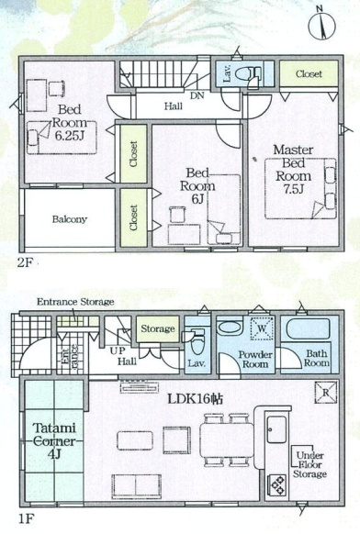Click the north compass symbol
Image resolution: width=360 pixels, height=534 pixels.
(x=321, y=25)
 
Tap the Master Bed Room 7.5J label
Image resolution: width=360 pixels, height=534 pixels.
(x=293, y=169)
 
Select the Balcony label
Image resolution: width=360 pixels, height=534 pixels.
(x=70, y=219)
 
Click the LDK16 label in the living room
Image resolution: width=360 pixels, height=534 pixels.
(x=195, y=399)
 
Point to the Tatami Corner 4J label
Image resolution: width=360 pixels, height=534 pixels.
(x=54, y=441)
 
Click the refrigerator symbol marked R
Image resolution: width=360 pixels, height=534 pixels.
(x=326, y=393)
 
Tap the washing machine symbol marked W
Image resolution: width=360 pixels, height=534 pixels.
(x=262, y=328)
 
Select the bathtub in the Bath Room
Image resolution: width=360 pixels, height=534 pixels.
(x=309, y=328)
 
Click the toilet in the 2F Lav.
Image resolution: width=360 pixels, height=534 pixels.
(x=249, y=72)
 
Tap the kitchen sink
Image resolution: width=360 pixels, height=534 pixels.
(x=276, y=429)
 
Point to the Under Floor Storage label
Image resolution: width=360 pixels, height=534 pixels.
(x=309, y=464)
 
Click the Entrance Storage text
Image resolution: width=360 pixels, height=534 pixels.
(x=75, y=302)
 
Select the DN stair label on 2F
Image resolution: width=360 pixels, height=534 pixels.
(x=197, y=95)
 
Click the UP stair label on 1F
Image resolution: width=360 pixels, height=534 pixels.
(x=118, y=350)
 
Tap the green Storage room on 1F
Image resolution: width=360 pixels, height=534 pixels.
(x=158, y=329)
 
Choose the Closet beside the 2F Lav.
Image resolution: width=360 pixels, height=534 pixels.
(x=309, y=73)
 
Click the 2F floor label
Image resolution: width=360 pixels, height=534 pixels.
(x=25, y=262)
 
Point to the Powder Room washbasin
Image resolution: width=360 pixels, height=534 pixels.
(x=230, y=328)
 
